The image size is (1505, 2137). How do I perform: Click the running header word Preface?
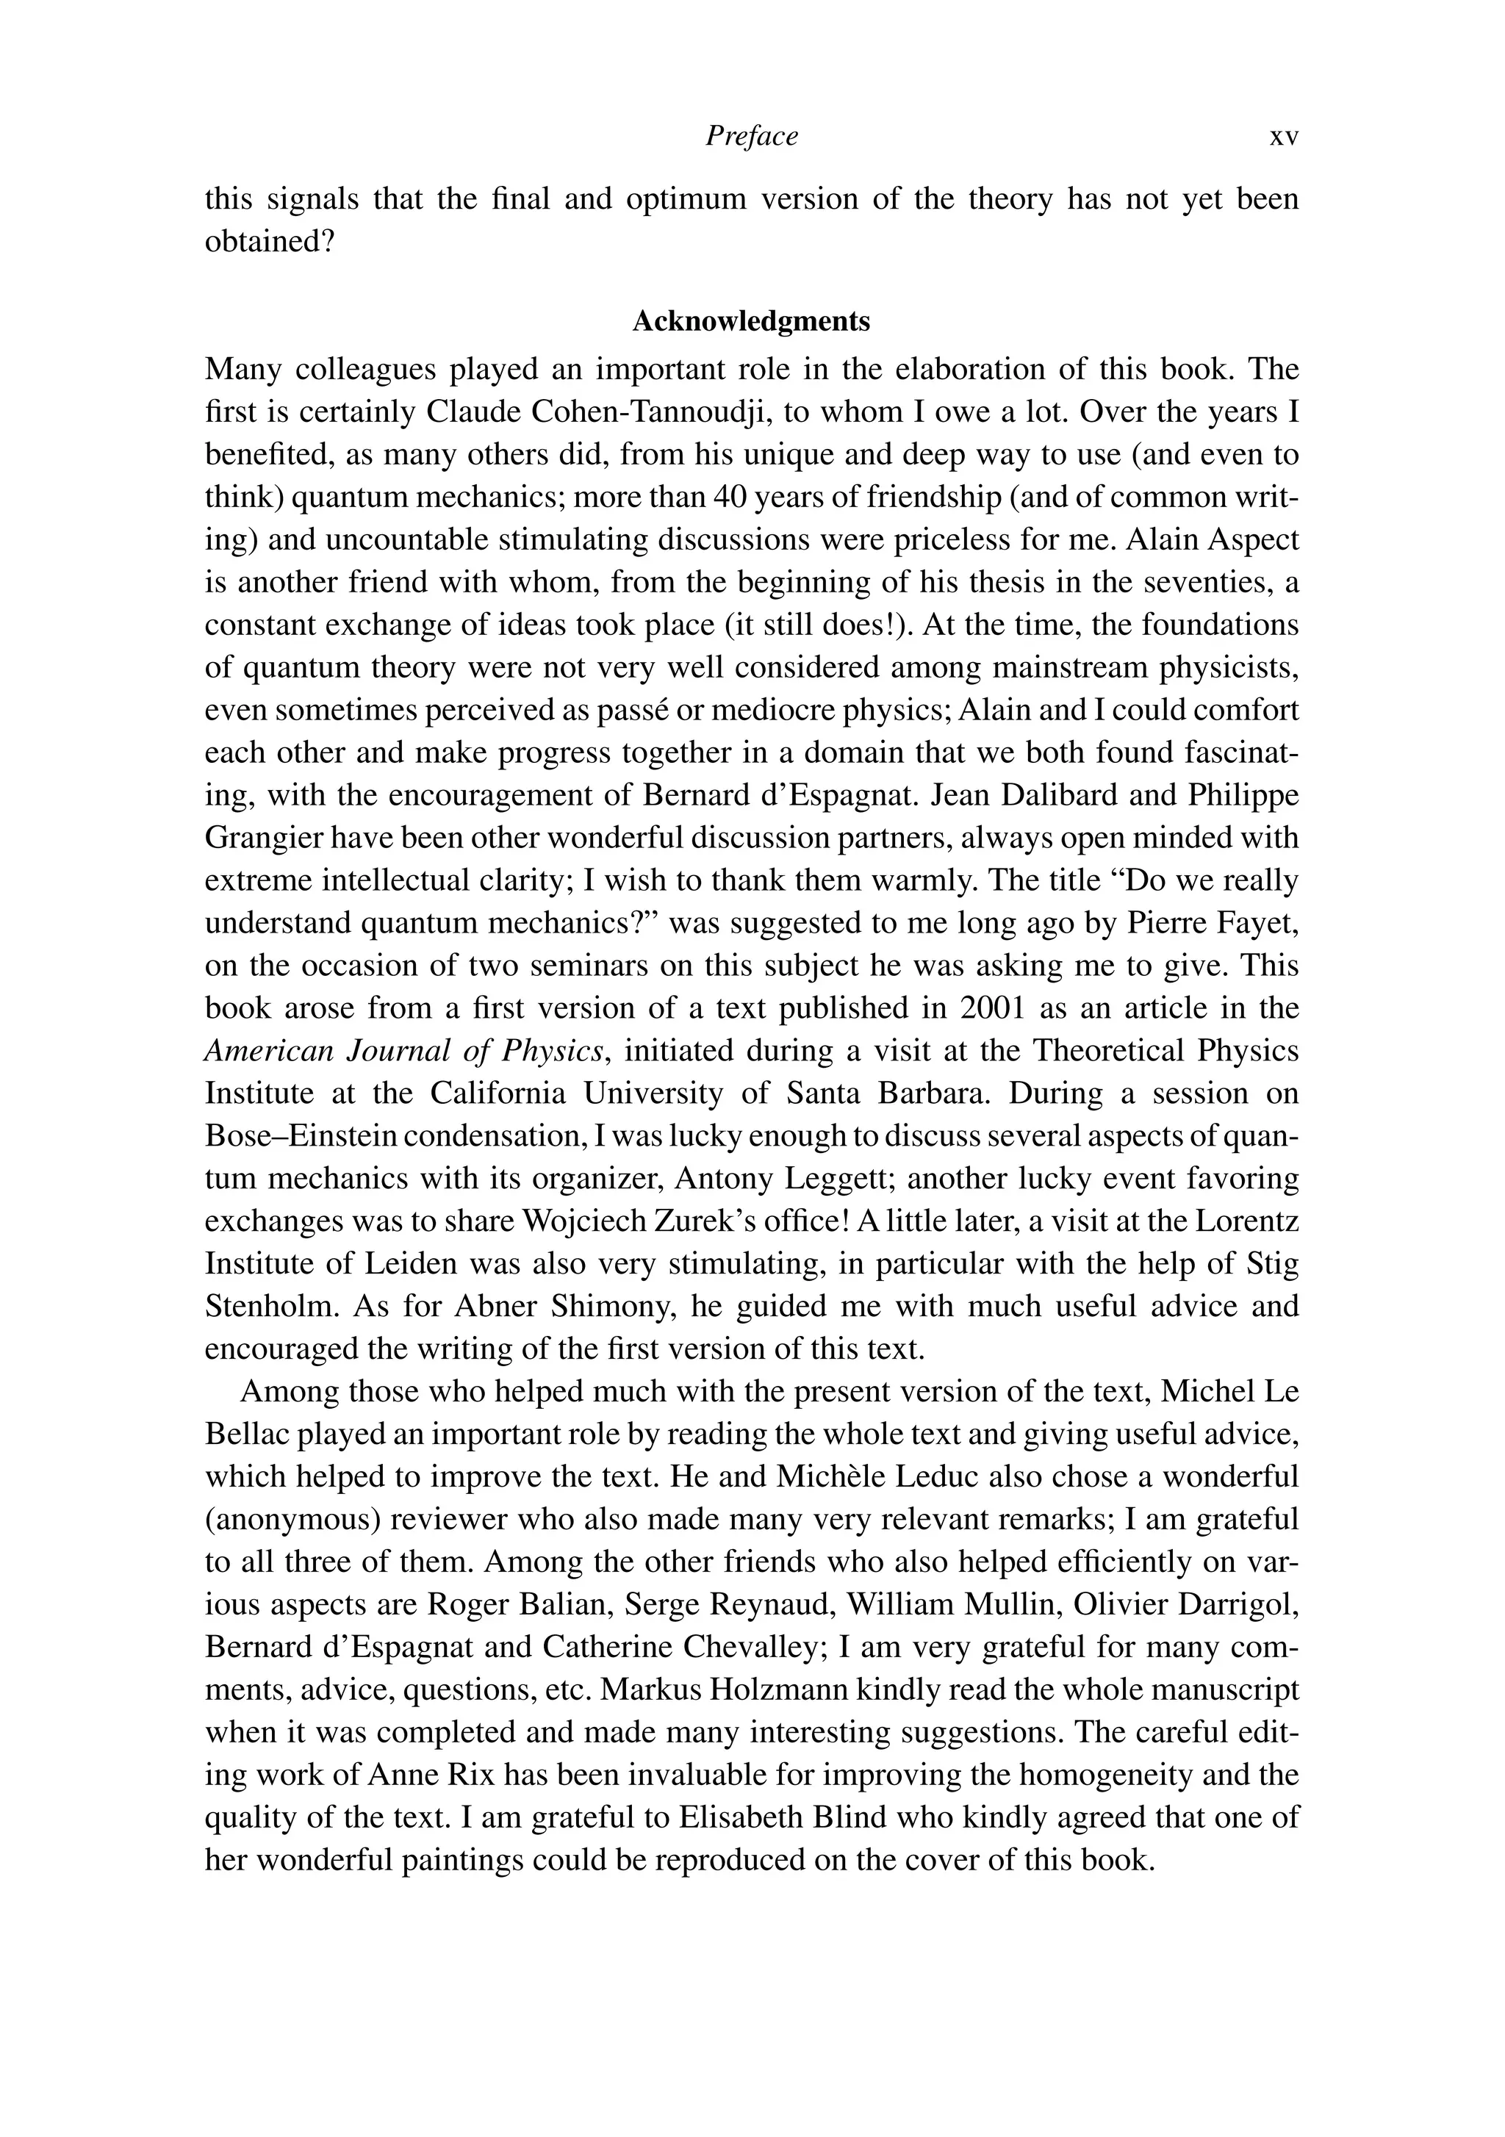coord(751,137)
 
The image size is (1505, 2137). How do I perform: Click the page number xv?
coord(1284,137)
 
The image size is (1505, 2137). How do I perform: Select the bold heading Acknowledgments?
coord(751,321)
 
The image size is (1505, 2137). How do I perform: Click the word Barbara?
coord(937,1093)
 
